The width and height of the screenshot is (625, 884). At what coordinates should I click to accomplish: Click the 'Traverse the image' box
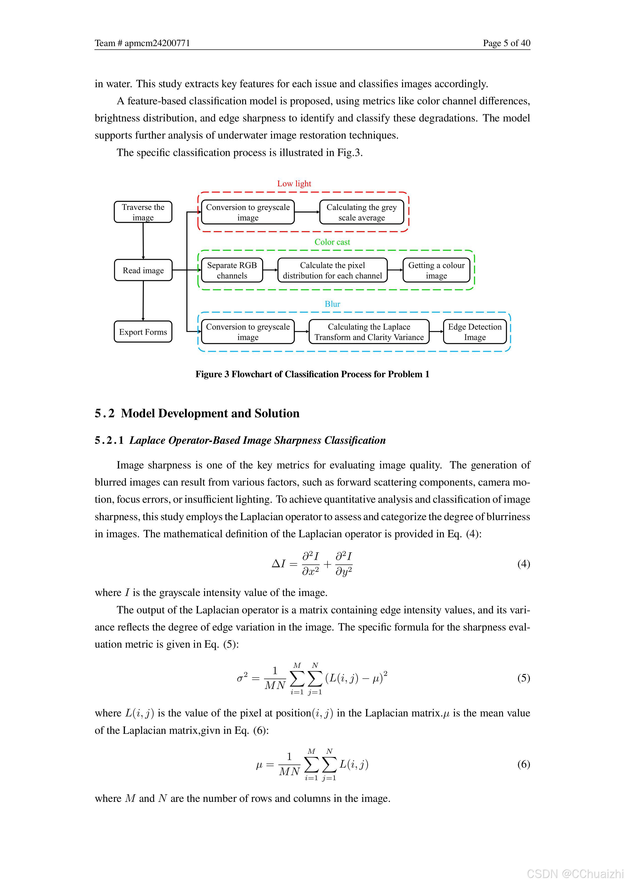(143, 212)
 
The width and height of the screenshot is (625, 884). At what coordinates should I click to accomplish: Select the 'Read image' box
(143, 270)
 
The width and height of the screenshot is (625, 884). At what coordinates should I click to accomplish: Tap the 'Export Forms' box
(143, 332)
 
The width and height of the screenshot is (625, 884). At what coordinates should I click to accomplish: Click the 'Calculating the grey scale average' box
(361, 212)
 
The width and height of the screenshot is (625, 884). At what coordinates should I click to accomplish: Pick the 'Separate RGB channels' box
(232, 270)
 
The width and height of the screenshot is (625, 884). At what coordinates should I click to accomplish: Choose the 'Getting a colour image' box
(436, 270)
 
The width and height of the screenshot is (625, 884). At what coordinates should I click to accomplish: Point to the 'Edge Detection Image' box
(475, 332)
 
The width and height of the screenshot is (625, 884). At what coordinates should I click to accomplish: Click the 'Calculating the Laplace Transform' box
(369, 332)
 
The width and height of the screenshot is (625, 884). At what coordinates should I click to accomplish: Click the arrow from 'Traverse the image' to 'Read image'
(143, 241)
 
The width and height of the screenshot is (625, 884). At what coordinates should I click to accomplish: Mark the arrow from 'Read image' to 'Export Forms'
(143, 301)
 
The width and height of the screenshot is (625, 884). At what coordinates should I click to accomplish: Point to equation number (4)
(523, 564)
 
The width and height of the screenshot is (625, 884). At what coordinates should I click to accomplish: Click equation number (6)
(523, 764)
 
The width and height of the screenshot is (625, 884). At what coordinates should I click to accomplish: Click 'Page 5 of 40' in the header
(506, 43)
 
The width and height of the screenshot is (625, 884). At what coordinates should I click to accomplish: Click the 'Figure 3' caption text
(312, 374)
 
